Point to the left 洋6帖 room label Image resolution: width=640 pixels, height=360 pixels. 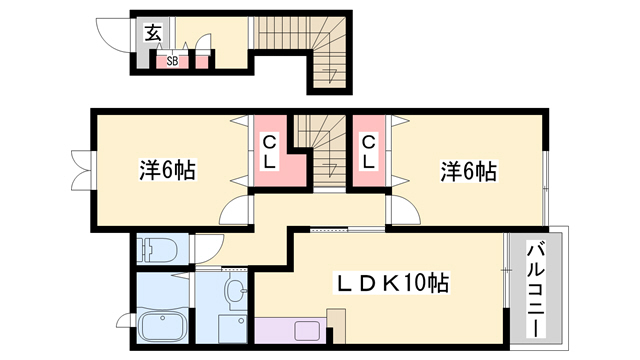[166, 170]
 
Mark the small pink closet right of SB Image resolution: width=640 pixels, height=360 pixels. [201, 60]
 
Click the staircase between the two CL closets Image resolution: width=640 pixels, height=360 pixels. [321, 145]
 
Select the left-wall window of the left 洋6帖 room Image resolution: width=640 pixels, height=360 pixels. [79, 172]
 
